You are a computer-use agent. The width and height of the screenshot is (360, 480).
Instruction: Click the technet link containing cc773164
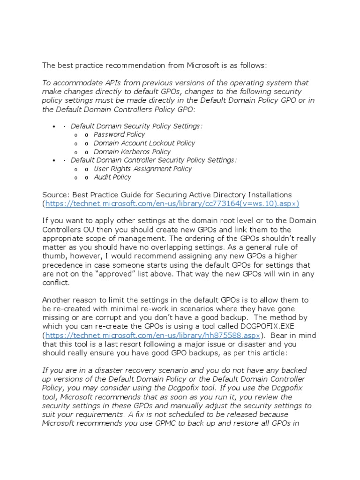click(x=172, y=203)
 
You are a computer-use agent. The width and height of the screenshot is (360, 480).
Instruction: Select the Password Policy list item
click(x=119, y=135)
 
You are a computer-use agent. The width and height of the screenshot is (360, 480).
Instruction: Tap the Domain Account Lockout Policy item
click(x=144, y=143)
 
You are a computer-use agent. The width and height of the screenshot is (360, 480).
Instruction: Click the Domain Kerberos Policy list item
click(x=132, y=152)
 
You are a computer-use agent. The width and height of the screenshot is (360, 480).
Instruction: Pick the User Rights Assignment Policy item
click(x=142, y=169)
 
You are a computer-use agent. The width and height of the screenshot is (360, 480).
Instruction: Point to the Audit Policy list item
click(x=112, y=177)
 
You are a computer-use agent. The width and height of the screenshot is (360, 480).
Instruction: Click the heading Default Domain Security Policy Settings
click(x=136, y=126)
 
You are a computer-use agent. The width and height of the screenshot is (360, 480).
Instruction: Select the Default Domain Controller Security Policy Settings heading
click(x=154, y=160)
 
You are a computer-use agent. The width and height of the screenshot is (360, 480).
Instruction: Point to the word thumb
click(x=53, y=256)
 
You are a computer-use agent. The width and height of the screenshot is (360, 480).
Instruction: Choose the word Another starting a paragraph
click(x=57, y=300)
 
